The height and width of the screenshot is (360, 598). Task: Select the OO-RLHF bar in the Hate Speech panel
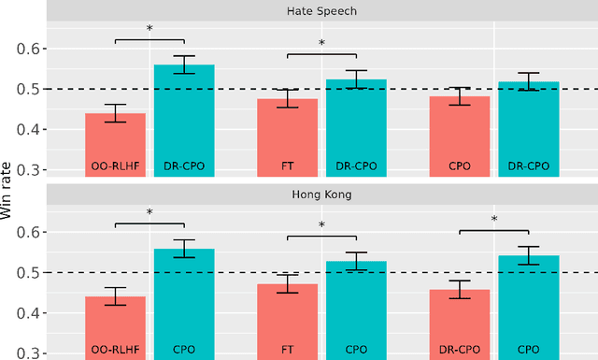click(x=116, y=145)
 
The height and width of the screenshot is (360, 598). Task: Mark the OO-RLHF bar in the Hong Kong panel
click(x=116, y=327)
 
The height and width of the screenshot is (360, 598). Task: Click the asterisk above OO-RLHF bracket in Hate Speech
click(x=149, y=29)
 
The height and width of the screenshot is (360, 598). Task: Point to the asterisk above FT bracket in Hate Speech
click(x=321, y=43)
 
